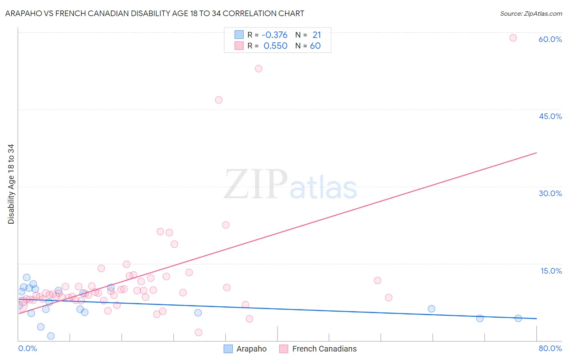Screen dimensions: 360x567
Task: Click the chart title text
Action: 154,13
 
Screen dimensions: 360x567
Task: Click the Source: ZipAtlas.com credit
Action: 531,13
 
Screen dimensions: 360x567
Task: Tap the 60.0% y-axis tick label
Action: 550,39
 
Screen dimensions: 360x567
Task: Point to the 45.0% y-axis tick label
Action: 550,116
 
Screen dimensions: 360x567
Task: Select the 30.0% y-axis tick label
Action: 550,193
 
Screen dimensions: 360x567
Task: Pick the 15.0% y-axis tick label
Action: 551,271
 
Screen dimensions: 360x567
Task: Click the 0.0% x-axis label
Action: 27,348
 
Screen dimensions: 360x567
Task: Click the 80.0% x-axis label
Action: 550,348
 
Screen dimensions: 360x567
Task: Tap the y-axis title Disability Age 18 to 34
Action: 11,184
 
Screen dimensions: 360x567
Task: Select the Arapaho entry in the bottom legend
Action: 251,349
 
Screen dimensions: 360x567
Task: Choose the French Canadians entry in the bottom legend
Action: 324,349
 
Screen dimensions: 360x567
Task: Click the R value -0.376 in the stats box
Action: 274,35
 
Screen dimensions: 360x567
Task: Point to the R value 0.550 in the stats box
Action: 275,46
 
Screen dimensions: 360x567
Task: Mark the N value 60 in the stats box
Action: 315,46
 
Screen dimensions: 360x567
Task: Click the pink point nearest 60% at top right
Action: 513,38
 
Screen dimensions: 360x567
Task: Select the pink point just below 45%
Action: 219,100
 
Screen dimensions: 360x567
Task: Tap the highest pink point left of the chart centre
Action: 258,69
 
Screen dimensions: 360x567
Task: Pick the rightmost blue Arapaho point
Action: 518,318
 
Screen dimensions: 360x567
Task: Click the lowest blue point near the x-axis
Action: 51,336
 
